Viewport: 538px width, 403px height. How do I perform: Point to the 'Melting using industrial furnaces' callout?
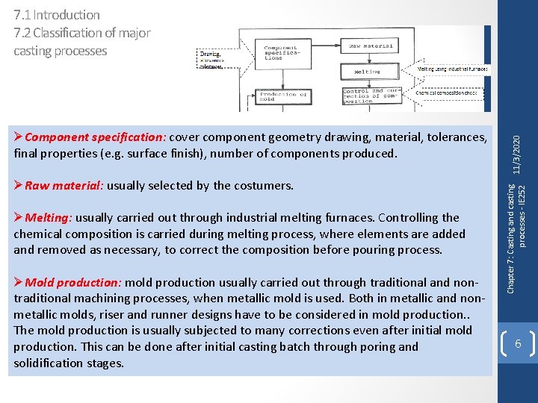[x=453, y=69]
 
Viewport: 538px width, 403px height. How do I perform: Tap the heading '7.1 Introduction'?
[x=57, y=15]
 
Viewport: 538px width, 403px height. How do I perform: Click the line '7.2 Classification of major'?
[x=82, y=33]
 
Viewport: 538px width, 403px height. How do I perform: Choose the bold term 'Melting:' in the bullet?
[x=49, y=218]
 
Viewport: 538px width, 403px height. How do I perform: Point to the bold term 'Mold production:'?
[x=73, y=282]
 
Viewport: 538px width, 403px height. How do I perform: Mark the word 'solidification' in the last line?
[x=49, y=363]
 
